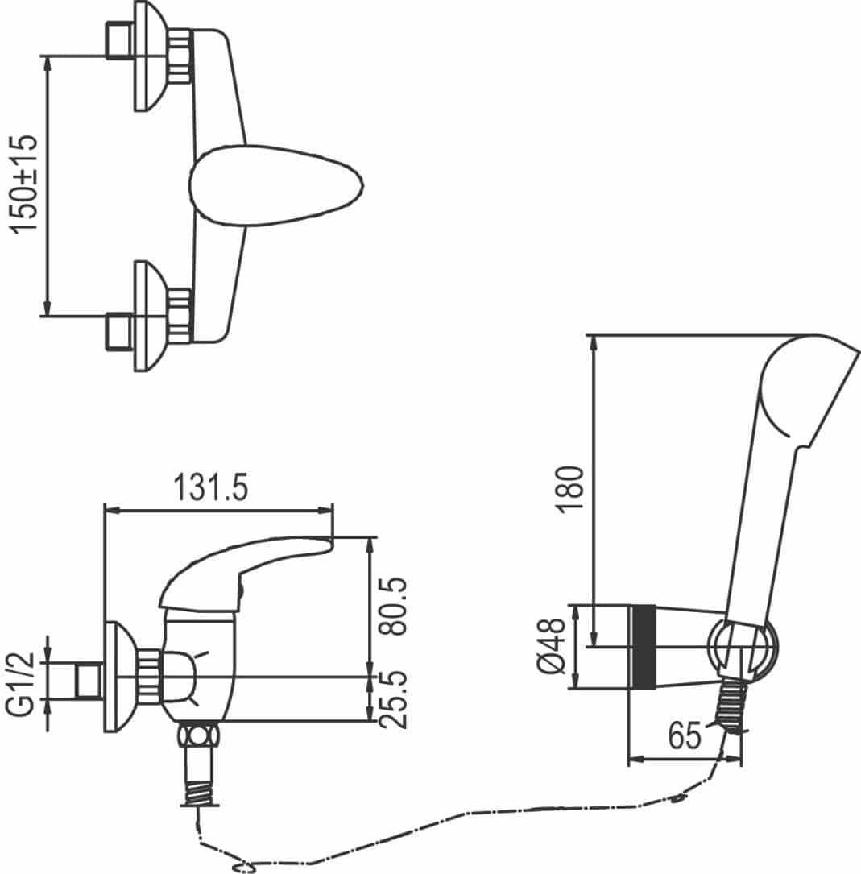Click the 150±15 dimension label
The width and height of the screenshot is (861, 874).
(x=24, y=184)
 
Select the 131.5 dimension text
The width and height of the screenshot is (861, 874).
(x=211, y=487)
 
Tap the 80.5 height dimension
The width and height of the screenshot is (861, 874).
(x=392, y=606)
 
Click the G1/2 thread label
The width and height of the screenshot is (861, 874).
(x=20, y=685)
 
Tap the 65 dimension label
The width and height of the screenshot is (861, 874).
(x=685, y=735)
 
